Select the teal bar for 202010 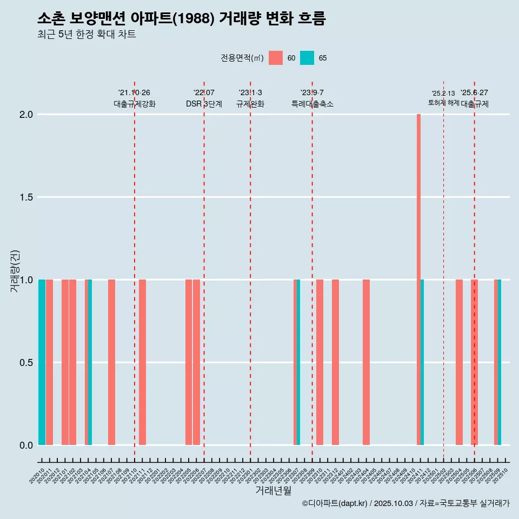tap(42, 362)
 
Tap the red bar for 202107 tap(111, 362)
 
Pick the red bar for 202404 tap(366, 362)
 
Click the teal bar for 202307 tap(298, 362)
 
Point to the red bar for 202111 tap(142, 362)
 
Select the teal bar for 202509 tap(500, 362)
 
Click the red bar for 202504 tap(459, 362)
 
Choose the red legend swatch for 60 tap(276, 58)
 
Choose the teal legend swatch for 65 tap(307, 58)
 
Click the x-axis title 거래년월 tap(273, 490)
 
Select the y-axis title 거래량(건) tap(15, 270)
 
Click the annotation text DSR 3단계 tap(204, 104)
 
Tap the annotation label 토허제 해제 tap(443, 102)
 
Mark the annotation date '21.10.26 tap(134, 92)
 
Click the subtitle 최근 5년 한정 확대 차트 tap(86, 35)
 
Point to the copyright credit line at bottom tap(405, 503)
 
